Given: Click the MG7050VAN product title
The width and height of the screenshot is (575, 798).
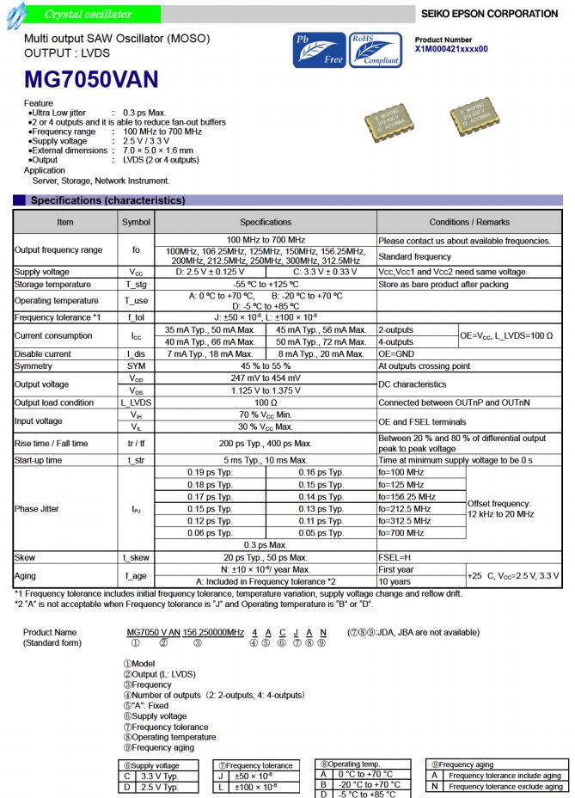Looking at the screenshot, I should click(92, 79).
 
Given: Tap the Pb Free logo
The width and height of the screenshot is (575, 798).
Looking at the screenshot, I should click(319, 49).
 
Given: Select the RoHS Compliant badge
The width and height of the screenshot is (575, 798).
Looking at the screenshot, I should click(376, 49).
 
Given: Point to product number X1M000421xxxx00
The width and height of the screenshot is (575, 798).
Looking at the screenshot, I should click(451, 49).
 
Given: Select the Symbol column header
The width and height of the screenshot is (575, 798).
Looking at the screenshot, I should click(136, 222).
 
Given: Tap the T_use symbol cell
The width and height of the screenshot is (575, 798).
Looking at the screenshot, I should click(136, 301).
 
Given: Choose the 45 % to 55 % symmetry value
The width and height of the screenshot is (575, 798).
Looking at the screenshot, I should click(266, 365).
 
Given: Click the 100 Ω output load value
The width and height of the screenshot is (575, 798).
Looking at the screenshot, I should click(266, 402).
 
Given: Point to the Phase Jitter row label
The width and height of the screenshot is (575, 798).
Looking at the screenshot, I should click(37, 509).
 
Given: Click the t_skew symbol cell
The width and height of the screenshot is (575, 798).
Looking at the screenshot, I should click(136, 557).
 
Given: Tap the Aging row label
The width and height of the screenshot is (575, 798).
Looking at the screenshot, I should click(26, 575).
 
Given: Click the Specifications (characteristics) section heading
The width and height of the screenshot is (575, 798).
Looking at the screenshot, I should click(107, 200).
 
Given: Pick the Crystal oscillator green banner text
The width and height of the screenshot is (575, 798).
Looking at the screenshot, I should click(88, 14).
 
